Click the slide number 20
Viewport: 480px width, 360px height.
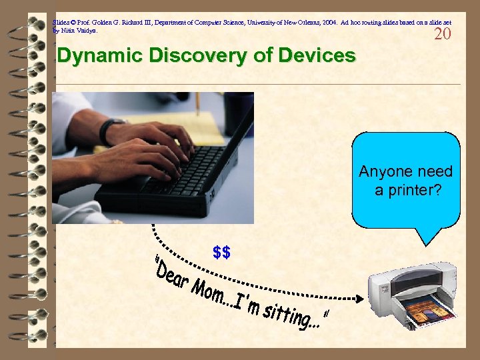443,34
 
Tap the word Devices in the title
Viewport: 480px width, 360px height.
313,56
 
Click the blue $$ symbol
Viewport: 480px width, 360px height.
221,253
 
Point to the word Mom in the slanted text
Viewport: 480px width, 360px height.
211,294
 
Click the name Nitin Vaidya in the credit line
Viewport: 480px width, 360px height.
78,31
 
